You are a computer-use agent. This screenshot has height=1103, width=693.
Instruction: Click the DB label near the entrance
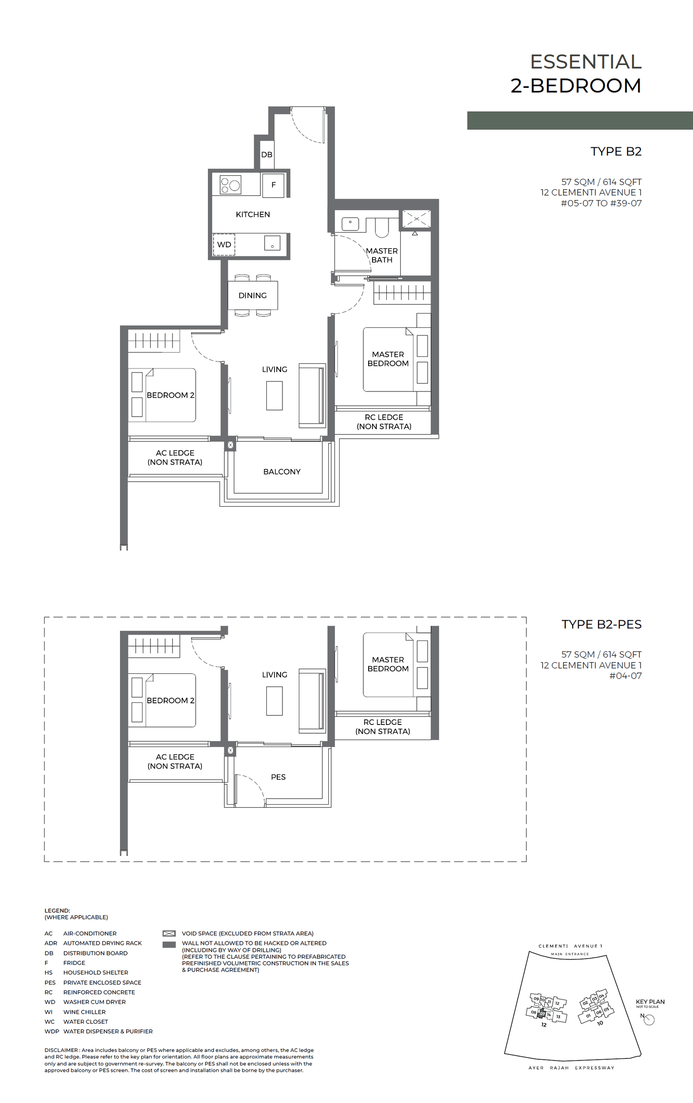coord(266,155)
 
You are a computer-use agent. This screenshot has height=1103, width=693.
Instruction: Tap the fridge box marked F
coord(273,185)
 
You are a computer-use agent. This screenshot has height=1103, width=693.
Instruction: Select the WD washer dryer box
coord(224,245)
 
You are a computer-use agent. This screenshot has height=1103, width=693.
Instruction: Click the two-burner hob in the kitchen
coord(230,185)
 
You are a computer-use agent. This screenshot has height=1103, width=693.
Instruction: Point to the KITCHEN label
coord(253,214)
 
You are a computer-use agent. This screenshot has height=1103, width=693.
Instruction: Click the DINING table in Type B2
coord(253,295)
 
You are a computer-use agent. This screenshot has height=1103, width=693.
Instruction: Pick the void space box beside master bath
coord(416,219)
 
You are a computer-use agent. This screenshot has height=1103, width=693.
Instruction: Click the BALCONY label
coord(282,472)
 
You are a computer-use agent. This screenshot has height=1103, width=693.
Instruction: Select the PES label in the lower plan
coord(278,777)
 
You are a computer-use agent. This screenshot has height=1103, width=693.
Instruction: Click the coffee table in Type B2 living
coord(274,395)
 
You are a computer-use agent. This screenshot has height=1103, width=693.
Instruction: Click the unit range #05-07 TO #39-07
coord(601,204)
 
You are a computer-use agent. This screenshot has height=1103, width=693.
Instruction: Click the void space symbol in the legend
coord(169,934)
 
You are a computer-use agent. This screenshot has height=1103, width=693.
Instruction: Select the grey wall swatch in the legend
coord(169,945)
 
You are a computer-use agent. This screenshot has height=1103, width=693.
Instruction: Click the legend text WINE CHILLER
coord(84,1012)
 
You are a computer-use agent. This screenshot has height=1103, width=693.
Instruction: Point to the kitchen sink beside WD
coord(272,243)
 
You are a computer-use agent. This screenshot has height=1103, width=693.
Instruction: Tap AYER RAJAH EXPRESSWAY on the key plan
coord(571,1068)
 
